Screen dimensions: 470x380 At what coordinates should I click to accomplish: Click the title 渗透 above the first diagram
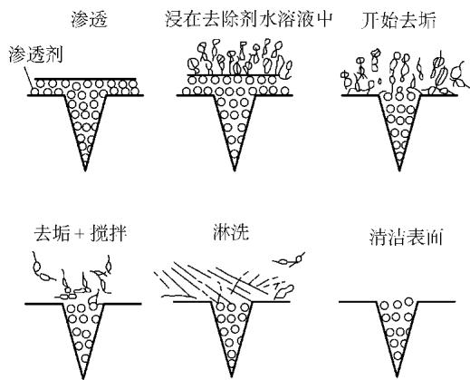coord(90,19)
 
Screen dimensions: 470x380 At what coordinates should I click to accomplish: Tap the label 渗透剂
coord(35,54)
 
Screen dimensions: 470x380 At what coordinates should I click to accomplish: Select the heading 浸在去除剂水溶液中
coord(249,19)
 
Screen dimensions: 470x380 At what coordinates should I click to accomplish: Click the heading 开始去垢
coord(398,21)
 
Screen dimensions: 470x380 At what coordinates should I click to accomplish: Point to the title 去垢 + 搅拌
coord(80,233)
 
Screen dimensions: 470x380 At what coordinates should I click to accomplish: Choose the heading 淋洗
coord(231,232)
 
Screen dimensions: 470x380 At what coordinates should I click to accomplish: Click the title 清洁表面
coord(406,237)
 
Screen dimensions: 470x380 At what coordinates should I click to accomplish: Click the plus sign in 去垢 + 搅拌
coord(80,234)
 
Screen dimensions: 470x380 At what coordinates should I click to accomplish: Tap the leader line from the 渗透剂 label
coord(28,79)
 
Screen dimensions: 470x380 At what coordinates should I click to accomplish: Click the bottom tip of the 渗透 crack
coord(85,171)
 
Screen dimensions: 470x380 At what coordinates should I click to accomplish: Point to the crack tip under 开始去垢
coord(399,171)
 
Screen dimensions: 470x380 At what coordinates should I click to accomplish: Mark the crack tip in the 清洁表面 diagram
coord(398,376)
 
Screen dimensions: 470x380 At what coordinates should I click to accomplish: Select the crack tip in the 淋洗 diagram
coord(232,376)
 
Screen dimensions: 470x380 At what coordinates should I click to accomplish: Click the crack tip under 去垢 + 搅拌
coord(83,378)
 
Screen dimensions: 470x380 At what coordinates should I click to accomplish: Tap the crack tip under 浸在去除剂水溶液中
coord(235,171)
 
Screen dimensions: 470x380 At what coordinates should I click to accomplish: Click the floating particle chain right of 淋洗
coord(289,260)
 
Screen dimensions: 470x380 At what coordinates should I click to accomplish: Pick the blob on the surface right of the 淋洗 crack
coord(283,292)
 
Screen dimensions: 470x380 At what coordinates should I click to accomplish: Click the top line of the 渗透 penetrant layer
coord(85,79)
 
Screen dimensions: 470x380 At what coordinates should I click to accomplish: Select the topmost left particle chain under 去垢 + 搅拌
coord(42,268)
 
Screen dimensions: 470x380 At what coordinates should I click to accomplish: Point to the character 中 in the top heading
coord(324,19)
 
